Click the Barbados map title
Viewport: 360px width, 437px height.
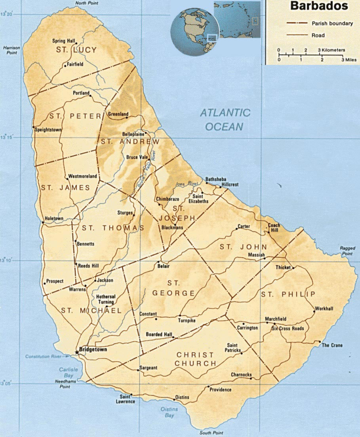click(x=318, y=6)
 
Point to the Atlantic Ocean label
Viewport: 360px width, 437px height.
click(x=225, y=119)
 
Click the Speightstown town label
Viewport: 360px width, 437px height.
click(x=48, y=129)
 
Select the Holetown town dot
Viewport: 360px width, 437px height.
click(x=43, y=222)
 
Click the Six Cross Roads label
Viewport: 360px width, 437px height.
click(x=288, y=329)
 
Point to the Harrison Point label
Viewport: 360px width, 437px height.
click(x=11, y=50)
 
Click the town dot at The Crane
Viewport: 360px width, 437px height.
click(x=320, y=342)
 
